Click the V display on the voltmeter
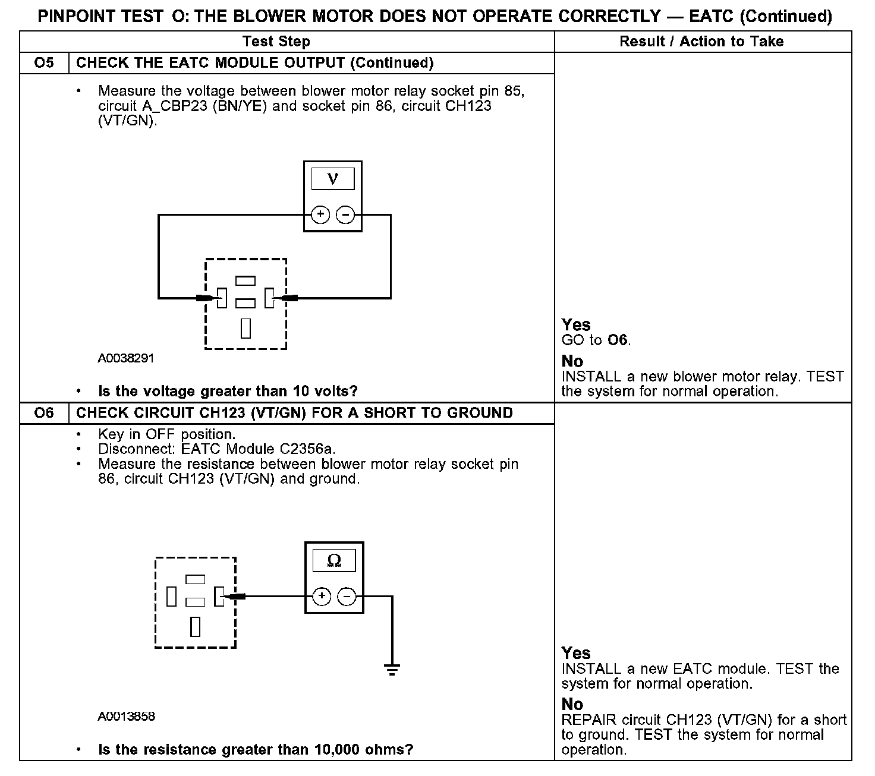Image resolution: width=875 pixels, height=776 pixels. pos(332,179)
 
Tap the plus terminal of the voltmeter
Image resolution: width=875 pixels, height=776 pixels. pos(320,214)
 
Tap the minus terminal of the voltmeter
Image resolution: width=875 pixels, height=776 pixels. pos(345,214)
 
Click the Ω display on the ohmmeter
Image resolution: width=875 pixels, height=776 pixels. pos(334,560)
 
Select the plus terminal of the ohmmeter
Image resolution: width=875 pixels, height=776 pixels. pos(322,596)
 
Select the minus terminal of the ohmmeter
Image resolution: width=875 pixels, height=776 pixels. pos(347,596)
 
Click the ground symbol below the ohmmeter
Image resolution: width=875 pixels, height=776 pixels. pos(392,669)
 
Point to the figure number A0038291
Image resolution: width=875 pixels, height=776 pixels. pos(126,358)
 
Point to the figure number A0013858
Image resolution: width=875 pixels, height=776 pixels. pos(127,717)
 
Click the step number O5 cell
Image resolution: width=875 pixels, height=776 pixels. pos(45,63)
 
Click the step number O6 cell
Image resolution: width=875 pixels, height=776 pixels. pos(45,413)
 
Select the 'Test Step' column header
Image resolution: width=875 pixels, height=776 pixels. pos(276,42)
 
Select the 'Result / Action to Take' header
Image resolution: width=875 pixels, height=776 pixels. pos(701,42)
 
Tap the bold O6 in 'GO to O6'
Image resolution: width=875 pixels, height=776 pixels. pos(618,340)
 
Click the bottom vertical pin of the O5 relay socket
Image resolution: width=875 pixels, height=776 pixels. pos(245,328)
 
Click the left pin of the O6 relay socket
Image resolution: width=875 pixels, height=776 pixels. pos(171,597)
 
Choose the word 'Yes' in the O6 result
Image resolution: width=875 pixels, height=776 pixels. pos(576,653)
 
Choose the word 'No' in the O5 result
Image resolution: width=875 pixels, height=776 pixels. pos(572,361)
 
